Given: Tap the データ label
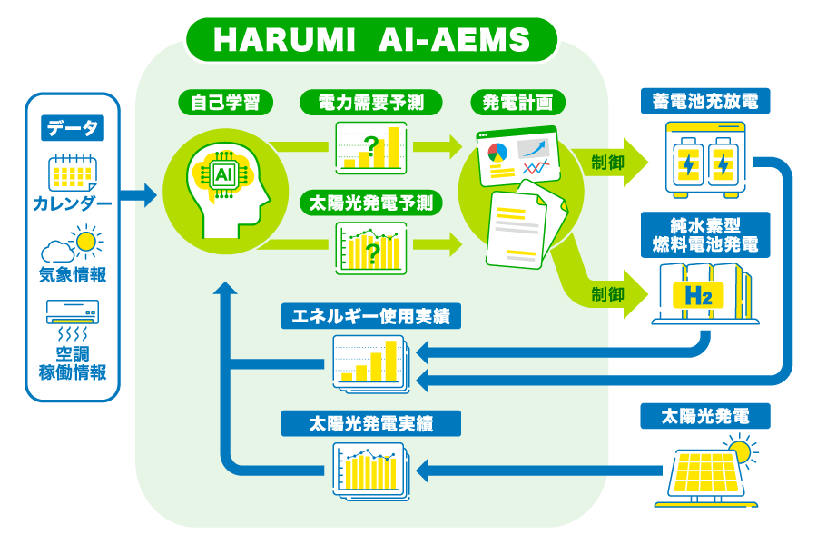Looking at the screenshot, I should [x=73, y=128].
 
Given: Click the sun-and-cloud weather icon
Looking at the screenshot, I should [x=73, y=244].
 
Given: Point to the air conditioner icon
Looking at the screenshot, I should [x=73, y=313].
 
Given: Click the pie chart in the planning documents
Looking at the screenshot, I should [x=497, y=152].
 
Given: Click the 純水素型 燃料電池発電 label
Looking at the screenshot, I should [x=704, y=233].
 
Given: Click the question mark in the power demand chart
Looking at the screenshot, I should [x=370, y=144].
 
